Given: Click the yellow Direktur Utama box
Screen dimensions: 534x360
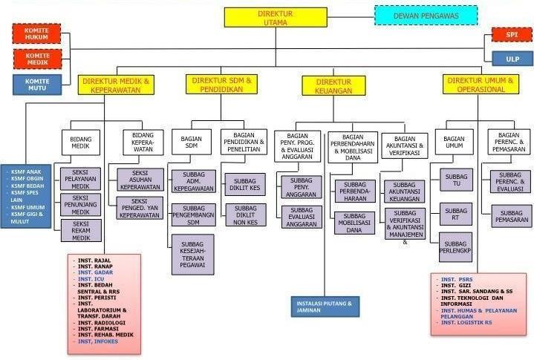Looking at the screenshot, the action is (x=276, y=18).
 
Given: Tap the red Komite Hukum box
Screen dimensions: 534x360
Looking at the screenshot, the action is (x=37, y=33).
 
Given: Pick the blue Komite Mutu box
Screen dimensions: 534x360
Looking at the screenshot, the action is (x=37, y=83).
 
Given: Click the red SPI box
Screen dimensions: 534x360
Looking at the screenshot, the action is (x=512, y=34).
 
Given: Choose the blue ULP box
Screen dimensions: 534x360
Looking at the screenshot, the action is (x=512, y=58).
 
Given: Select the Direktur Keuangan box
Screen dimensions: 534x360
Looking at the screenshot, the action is (x=333, y=85).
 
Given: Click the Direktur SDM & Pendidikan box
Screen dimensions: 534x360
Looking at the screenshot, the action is (x=222, y=83).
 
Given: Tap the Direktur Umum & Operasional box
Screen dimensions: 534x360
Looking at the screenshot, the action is (x=481, y=84).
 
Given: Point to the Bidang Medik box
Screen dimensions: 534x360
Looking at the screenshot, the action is (x=81, y=143).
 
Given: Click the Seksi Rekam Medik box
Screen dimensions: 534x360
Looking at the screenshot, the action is (x=81, y=230).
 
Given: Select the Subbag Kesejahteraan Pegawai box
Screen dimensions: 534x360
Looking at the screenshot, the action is (x=192, y=254).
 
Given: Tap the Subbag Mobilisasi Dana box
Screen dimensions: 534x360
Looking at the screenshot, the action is (x=354, y=223).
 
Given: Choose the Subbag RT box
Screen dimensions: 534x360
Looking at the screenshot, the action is (x=455, y=214).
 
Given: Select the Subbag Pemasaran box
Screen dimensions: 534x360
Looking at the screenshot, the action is (x=511, y=216).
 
